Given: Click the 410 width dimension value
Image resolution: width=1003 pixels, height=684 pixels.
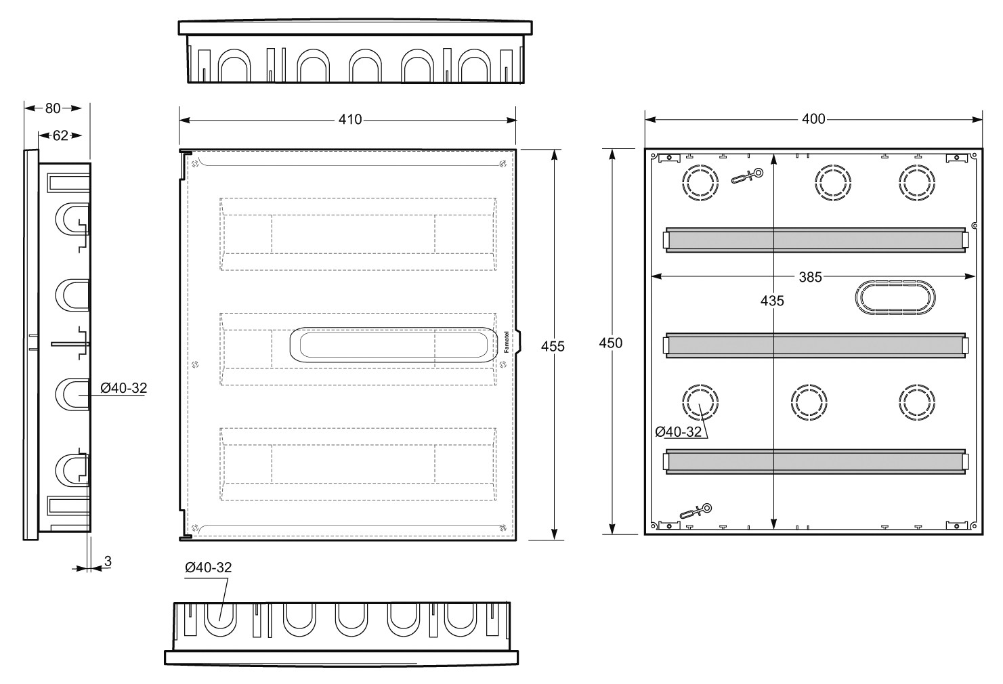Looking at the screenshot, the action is click(349, 119).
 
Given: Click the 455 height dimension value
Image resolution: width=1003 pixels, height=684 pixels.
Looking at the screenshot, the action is click(553, 346).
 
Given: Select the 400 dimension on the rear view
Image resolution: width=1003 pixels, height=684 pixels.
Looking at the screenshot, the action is click(813, 119).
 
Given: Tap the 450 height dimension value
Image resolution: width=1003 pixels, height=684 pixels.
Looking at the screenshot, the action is click(611, 343).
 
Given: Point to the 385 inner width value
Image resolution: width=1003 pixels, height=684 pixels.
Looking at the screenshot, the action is click(810, 277).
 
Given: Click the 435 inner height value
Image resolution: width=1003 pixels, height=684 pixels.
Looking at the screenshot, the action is click(772, 301).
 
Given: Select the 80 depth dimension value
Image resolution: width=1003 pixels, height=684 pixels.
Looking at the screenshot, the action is click(53, 108).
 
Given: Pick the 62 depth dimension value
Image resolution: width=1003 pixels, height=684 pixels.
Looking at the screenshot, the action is click(60, 135).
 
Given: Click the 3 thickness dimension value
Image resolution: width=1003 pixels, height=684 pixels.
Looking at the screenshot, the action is click(108, 561).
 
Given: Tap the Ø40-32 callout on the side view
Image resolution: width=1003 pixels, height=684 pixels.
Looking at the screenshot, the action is click(123, 387).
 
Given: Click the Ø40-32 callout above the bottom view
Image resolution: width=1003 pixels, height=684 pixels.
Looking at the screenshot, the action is click(208, 567).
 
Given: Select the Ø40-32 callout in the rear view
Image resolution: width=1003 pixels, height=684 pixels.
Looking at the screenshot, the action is click(678, 431).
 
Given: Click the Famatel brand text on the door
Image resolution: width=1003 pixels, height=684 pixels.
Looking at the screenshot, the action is click(507, 342).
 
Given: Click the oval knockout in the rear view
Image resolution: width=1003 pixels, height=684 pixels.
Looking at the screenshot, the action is click(895, 297).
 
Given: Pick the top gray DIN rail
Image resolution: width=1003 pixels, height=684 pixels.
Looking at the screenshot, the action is click(815, 240).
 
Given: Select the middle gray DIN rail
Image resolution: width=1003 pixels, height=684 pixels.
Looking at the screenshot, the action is click(815, 345).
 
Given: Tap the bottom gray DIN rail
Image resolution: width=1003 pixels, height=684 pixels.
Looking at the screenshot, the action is click(815, 461).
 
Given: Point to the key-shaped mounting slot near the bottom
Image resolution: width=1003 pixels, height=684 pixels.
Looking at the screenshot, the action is click(696, 511).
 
